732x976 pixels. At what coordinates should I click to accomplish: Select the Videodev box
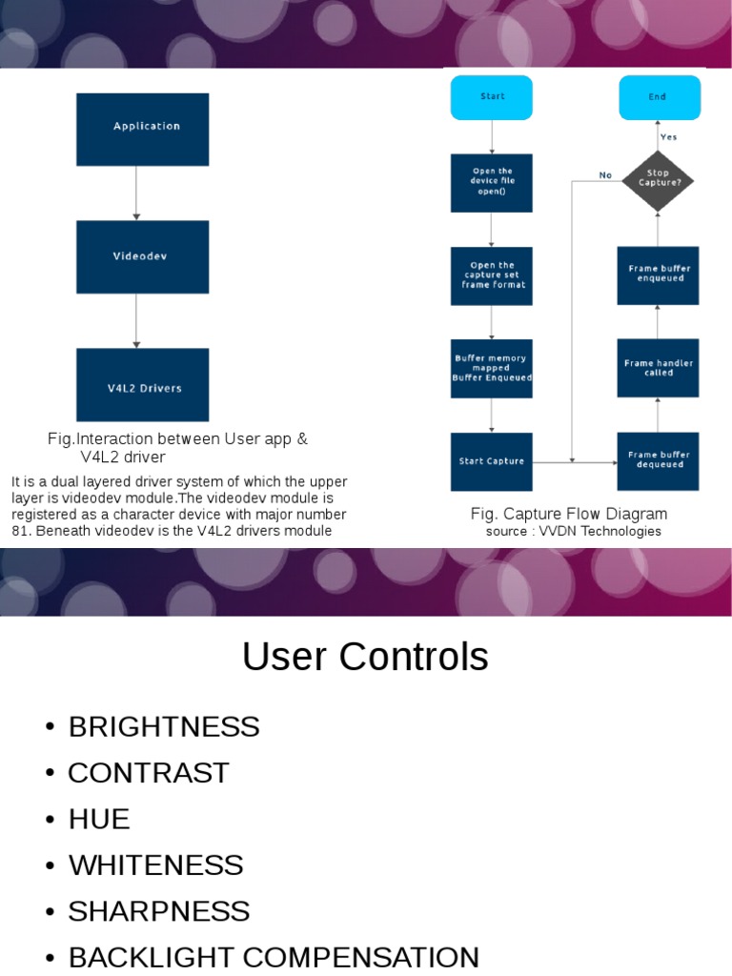click(x=142, y=256)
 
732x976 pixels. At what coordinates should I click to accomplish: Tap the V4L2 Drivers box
click(x=142, y=385)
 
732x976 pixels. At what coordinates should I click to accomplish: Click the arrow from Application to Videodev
click(x=137, y=193)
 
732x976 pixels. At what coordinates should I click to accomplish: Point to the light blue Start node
click(x=491, y=97)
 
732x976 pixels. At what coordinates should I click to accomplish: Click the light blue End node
click(x=659, y=97)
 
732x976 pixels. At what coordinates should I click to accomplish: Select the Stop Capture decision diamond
click(x=658, y=178)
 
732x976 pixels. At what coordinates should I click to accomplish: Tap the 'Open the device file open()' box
click(x=491, y=182)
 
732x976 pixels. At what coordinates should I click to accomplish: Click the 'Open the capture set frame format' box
click(x=491, y=275)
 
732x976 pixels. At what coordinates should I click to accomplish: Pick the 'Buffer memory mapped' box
click(x=491, y=369)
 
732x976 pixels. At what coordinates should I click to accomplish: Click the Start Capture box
click(x=491, y=461)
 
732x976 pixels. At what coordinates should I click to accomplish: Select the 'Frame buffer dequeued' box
click(x=658, y=461)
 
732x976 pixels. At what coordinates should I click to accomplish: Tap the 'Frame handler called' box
click(x=658, y=368)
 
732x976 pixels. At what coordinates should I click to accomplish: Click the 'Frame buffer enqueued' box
click(x=658, y=274)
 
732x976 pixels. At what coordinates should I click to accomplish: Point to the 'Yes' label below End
click(x=669, y=137)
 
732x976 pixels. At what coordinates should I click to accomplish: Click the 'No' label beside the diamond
click(x=605, y=175)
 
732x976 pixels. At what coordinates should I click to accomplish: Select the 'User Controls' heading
click(x=365, y=658)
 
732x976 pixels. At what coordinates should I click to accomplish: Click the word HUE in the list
click(x=99, y=819)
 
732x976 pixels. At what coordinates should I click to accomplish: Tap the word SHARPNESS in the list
click(x=159, y=911)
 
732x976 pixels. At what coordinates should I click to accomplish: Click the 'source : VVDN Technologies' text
click(x=573, y=532)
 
